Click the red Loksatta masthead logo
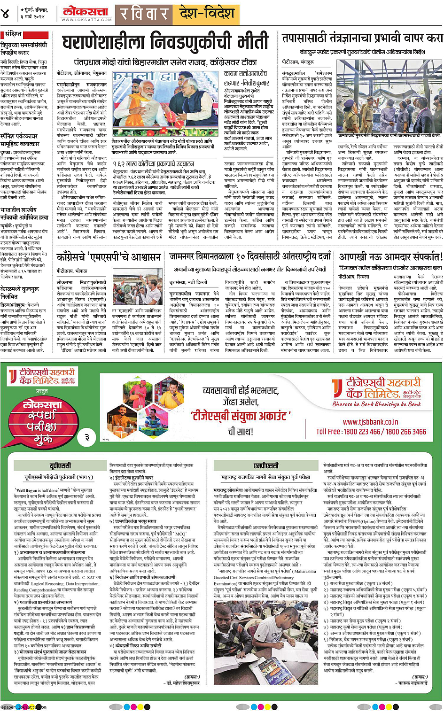pyautogui.click(x=86, y=11)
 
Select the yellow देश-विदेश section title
pyautogui.click(x=206, y=13)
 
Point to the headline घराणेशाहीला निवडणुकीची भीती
pyautogui.click(x=165, y=42)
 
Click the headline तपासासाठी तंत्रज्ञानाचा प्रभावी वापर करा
pyautogui.click(x=362, y=38)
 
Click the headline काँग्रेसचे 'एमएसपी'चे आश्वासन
pyautogui.click(x=109, y=257)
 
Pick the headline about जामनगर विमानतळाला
pyautogui.click(x=250, y=256)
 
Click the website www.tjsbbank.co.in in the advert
pyautogui.click(x=370, y=422)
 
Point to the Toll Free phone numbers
pyautogui.click(x=371, y=431)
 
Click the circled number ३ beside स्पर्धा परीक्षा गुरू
pyautogui.click(x=86, y=437)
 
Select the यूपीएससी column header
pyautogui.click(x=60, y=465)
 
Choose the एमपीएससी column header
pyautogui.click(x=266, y=465)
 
